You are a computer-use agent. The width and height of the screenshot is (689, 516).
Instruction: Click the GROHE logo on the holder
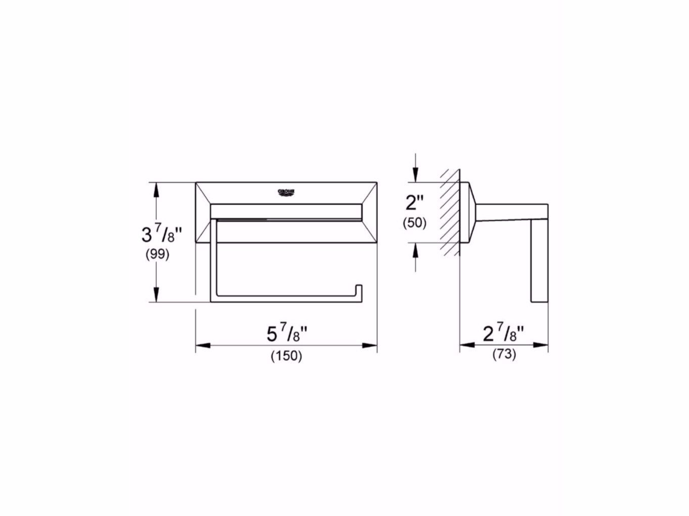[x=286, y=192]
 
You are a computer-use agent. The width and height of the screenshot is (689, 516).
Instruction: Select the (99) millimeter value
[x=157, y=254]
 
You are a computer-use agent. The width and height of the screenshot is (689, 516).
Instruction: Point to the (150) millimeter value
[x=286, y=355]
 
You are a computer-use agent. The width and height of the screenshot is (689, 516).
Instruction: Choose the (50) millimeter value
[x=415, y=222]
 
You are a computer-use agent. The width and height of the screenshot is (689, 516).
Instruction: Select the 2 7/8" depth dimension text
[x=504, y=334]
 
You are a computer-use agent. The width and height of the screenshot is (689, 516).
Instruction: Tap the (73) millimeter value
[x=504, y=355]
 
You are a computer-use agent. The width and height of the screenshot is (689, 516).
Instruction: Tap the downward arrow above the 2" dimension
[x=415, y=175]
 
